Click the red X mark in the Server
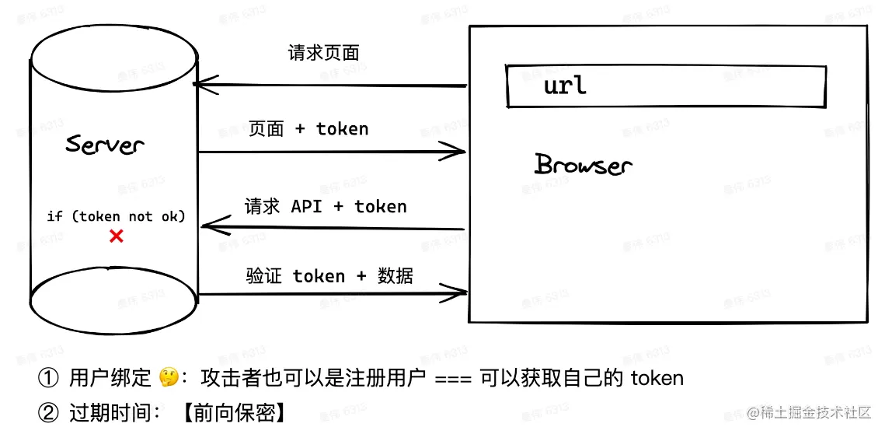tap(116, 236)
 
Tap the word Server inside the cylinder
tap(105, 145)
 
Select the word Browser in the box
tap(584, 165)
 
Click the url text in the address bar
tap(565, 85)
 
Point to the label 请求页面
tap(323, 54)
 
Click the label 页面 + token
tap(308, 129)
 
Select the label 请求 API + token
tap(326, 207)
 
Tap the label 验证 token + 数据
tap(329, 276)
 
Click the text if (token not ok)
tap(117, 216)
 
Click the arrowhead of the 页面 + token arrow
tap(457, 152)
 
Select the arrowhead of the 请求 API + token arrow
tap(207, 226)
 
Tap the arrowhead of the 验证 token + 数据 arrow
tap(458, 293)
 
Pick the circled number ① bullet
tap(48, 379)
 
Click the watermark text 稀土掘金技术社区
tap(817, 413)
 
